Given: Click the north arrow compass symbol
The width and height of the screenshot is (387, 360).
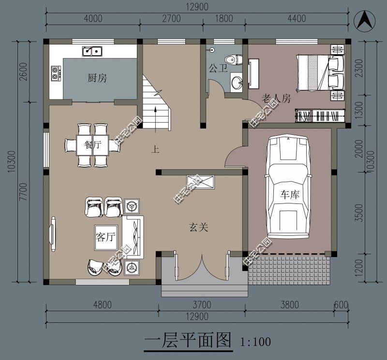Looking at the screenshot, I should [x=367, y=20].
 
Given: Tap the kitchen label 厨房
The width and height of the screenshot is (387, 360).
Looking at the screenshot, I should [x=97, y=78].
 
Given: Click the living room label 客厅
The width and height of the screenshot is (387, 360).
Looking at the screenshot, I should [x=105, y=237].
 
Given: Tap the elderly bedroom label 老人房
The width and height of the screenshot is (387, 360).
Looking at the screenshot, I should [x=276, y=99].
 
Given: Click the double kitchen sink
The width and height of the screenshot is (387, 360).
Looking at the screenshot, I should [x=91, y=50].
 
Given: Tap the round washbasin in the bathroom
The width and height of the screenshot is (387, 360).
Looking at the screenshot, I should [x=237, y=82].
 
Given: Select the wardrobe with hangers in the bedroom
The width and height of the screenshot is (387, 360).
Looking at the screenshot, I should [x=320, y=116].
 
